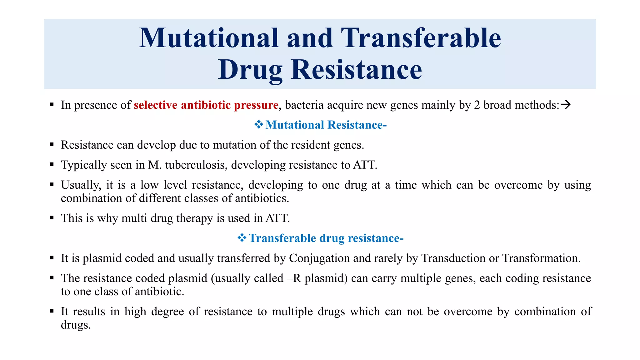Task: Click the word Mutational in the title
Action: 208,38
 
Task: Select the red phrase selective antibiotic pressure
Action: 206,105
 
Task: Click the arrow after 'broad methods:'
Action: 566,104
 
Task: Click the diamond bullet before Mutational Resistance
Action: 258,125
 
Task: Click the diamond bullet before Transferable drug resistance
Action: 242,238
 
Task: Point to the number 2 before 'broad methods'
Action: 477,105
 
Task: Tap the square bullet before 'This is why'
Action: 52,218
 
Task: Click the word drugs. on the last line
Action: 76,325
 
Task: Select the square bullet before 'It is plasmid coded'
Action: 52,258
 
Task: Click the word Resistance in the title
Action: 356,70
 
